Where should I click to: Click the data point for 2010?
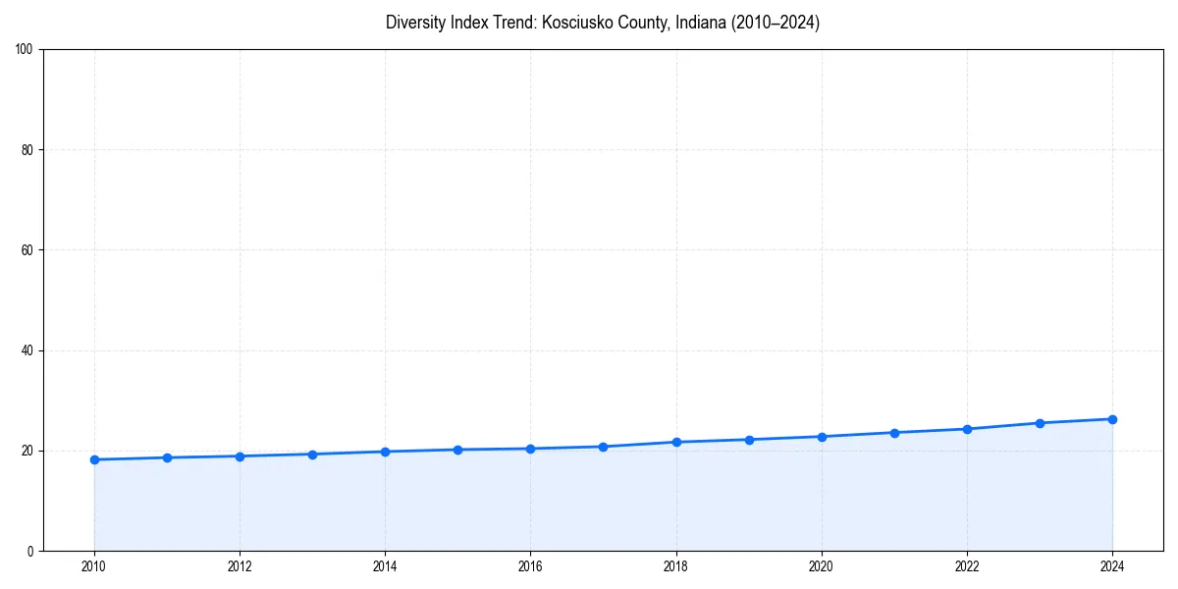point(94,459)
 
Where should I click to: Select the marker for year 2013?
point(312,455)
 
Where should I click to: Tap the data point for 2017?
point(603,447)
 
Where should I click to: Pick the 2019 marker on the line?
point(749,440)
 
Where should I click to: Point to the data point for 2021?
point(894,433)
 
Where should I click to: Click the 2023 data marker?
point(1040,423)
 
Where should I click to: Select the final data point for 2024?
point(1112,419)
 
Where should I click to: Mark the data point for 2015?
point(457,450)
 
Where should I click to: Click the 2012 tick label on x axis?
point(240,566)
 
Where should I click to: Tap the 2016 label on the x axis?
point(530,566)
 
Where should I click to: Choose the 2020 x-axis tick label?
point(822,566)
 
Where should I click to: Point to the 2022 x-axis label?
point(967,566)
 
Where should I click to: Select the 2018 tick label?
point(675,566)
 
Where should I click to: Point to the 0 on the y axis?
point(31,551)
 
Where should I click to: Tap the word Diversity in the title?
point(416,23)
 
